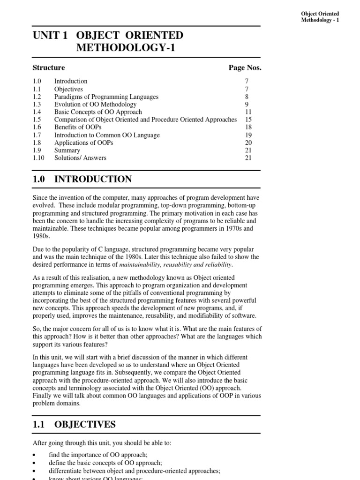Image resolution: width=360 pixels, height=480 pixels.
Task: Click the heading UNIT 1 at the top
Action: pos(49,36)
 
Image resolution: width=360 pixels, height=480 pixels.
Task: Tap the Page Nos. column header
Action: pos(245,67)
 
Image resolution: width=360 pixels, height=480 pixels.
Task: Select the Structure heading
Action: pos(49,67)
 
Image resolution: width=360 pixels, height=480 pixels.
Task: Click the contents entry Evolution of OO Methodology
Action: pos(95,105)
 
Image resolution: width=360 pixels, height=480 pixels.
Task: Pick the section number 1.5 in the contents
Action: pos(37,120)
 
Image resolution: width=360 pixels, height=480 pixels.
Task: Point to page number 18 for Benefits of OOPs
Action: pos(248,127)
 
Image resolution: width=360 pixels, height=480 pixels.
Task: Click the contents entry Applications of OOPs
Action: pos(83,142)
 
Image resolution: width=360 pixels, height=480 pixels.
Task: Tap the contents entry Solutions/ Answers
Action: pos(80,158)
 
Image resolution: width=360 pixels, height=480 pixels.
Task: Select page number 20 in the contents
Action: pos(248,142)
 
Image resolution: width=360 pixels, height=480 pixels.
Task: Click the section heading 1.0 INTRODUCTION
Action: pos(82,179)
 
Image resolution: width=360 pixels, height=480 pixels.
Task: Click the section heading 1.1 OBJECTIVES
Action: pos(74,424)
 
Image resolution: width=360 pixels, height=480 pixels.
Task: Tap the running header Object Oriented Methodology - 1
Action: pos(320,17)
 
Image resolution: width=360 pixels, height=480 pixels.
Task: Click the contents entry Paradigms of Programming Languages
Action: pos(106,97)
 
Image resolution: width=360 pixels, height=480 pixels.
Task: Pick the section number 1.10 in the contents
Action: pos(38,158)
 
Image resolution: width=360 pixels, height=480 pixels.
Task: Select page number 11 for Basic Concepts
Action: pos(248,112)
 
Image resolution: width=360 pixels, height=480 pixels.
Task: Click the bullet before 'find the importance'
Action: pos(35,455)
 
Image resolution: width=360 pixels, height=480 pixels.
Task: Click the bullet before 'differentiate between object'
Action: pos(35,471)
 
